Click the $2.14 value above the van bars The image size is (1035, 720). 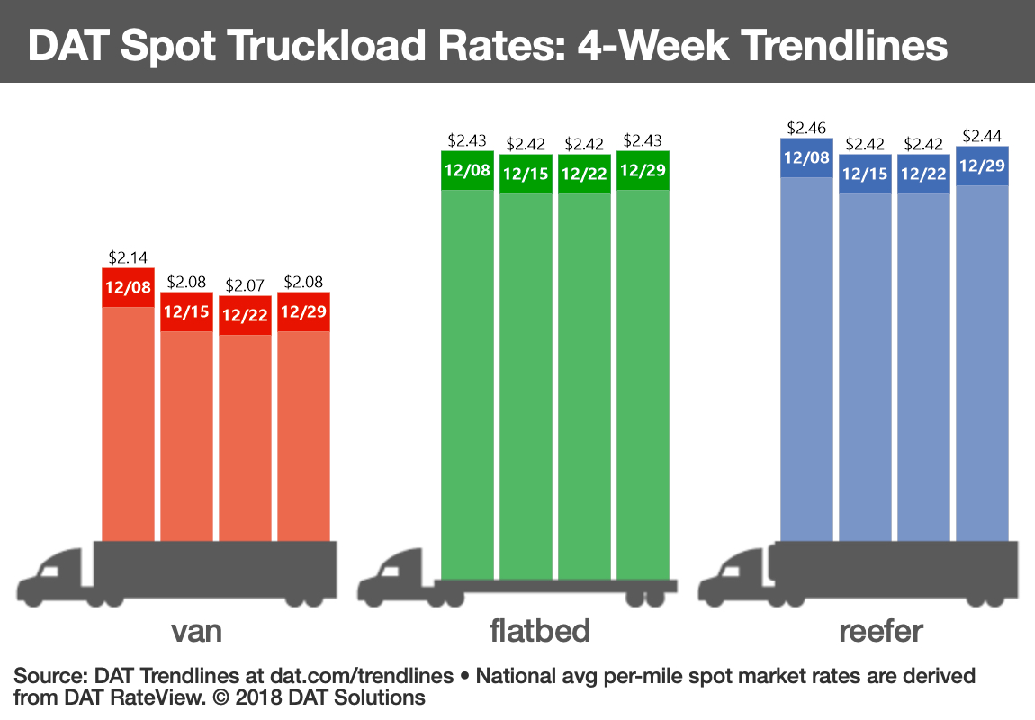pos(128,257)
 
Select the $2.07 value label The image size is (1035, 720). pos(245,286)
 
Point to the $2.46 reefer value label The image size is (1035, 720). pos(806,128)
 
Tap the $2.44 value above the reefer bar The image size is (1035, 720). pos(982,136)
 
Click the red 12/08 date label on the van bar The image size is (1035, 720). pos(128,287)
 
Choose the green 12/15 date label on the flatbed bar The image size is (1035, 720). pos(526,174)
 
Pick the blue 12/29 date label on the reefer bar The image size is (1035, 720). pos(982,166)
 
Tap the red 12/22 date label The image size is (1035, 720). pos(245,316)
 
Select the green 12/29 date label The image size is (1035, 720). pos(643,170)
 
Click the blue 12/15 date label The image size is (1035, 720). pos(865,174)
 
